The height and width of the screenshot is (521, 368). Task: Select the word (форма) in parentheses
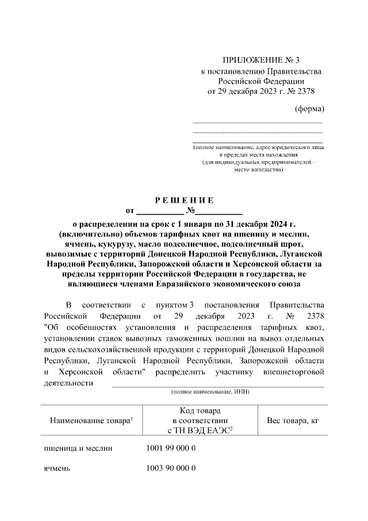click(309, 109)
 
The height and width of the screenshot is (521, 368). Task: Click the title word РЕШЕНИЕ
click(184, 200)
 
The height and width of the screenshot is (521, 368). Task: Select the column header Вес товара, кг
click(293, 421)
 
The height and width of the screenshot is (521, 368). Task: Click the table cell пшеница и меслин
click(78, 448)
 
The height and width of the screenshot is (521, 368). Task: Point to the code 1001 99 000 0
click(172, 448)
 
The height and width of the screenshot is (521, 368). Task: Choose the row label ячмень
click(57, 468)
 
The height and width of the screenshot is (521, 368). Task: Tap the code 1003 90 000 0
click(172, 468)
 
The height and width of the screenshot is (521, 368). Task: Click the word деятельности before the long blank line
click(68, 383)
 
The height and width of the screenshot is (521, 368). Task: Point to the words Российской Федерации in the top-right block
click(261, 81)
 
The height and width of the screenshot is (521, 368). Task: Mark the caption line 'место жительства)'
click(259, 170)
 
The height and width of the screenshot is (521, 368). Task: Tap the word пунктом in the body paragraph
click(173, 304)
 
